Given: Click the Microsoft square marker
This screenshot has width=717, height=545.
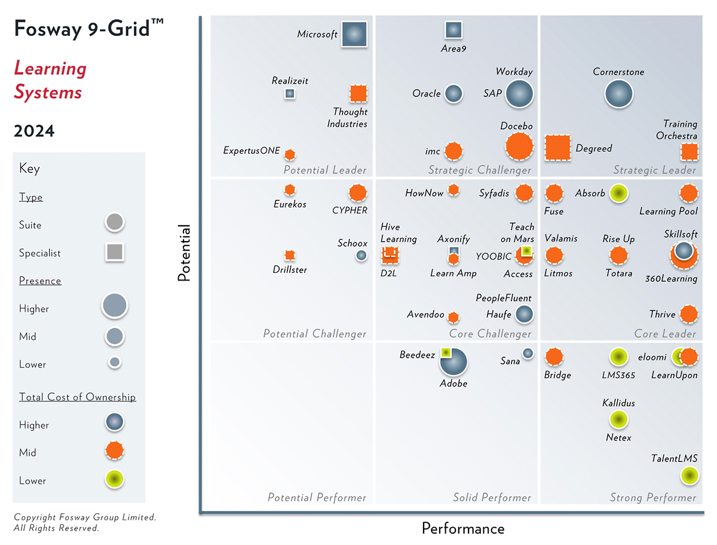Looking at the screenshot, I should coord(354,34).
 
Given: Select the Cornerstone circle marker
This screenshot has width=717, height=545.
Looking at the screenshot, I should coord(618,94).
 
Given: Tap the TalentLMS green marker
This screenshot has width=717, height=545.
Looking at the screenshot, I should coord(690,476).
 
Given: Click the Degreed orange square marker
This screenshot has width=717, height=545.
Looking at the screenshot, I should coord(557,148).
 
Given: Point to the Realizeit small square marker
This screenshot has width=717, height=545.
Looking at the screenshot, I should coord(290,93).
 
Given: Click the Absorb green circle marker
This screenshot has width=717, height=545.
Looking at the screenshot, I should coord(618,193).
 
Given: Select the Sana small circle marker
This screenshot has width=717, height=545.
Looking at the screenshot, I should coord(528,354).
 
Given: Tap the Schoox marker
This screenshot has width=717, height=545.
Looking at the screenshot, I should coord(361,255).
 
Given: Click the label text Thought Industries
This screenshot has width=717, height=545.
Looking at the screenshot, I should coord(348,118).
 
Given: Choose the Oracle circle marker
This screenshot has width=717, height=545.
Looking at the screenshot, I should coord(454,93).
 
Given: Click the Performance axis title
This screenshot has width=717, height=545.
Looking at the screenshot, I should coord(463,528).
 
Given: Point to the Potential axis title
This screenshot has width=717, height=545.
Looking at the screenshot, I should coord(185,253).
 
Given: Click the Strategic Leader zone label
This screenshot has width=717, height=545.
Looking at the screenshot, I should coord(654,170).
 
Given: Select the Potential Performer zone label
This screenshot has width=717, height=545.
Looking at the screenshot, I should coord(317,497).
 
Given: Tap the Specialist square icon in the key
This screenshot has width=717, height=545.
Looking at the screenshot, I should coord(114,252).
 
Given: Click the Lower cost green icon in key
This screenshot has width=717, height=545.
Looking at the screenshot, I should coord(114,480).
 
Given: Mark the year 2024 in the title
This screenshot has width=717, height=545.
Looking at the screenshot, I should coord(34,131).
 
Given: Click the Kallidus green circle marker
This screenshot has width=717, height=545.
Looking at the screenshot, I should coord(618,419).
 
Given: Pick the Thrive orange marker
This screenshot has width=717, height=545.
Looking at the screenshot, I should coord(689,314).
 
